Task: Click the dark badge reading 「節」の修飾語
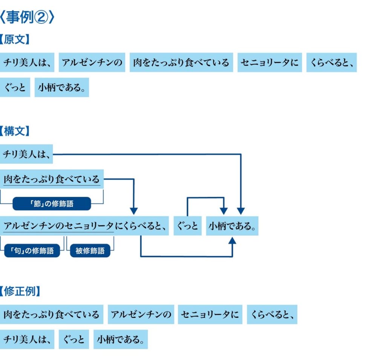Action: click(x=52, y=204)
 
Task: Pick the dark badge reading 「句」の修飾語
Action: click(x=32, y=251)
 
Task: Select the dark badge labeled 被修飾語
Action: click(x=90, y=251)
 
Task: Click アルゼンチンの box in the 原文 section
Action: click(x=92, y=63)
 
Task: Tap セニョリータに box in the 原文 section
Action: click(x=270, y=63)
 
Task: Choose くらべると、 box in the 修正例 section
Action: click(x=272, y=314)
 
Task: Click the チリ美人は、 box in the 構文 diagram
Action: click(x=26, y=154)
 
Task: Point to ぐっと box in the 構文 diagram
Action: click(x=187, y=226)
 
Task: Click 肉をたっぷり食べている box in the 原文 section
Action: click(x=181, y=63)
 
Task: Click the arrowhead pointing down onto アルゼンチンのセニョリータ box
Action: click(x=134, y=211)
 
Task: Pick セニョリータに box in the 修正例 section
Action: click(x=210, y=314)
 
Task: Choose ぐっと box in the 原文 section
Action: click(x=15, y=87)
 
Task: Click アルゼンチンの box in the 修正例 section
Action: click(x=141, y=314)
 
